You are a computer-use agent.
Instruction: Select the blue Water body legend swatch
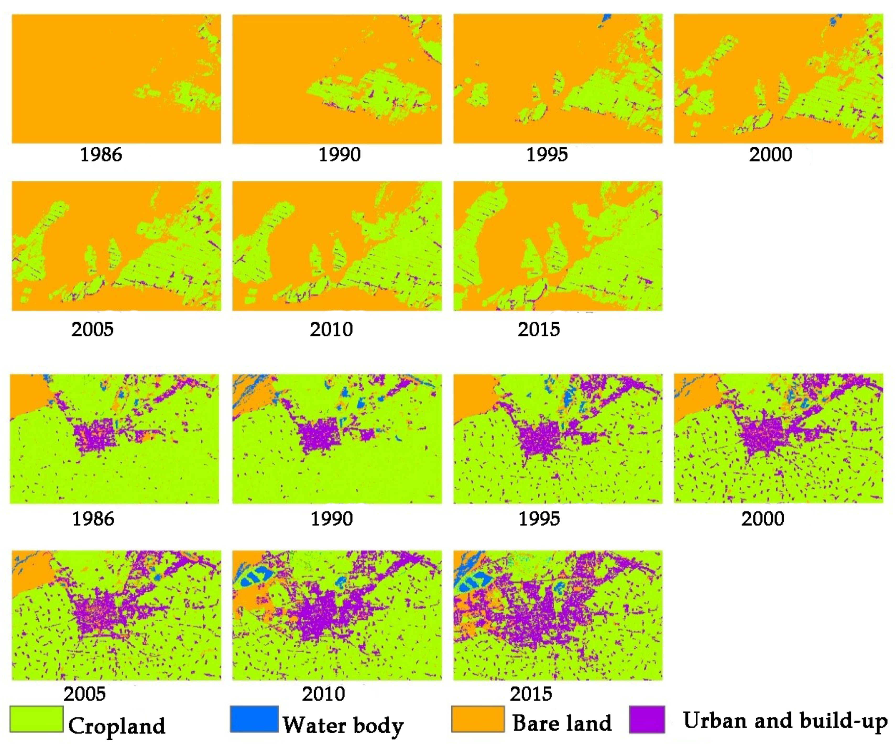(x=254, y=719)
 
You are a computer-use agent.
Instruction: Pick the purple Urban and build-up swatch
(x=647, y=719)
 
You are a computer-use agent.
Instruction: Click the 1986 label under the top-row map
(x=101, y=155)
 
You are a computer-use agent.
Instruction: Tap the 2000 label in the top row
(x=770, y=155)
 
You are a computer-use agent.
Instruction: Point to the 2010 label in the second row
(x=331, y=329)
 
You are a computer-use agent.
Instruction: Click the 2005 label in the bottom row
(x=84, y=694)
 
